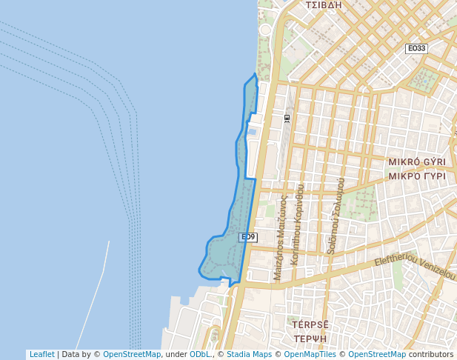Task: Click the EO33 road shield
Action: pos(416,49)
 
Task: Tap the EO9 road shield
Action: pos(247,237)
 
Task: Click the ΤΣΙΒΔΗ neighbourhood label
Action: pos(324,5)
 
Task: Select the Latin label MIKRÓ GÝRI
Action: pos(417,161)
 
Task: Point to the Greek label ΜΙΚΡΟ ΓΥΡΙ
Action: pos(417,176)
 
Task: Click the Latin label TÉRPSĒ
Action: pos(310,324)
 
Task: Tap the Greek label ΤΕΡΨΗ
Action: pos(310,339)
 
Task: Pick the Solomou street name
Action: pos(335,216)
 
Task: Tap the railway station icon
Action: pos(287,118)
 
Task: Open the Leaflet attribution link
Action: pos(41,355)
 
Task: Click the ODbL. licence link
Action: pos(199,355)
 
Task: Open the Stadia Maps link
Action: pos(249,355)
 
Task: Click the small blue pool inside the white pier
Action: pos(252,132)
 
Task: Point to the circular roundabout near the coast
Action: pos(265,30)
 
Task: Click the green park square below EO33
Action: pos(424,79)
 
